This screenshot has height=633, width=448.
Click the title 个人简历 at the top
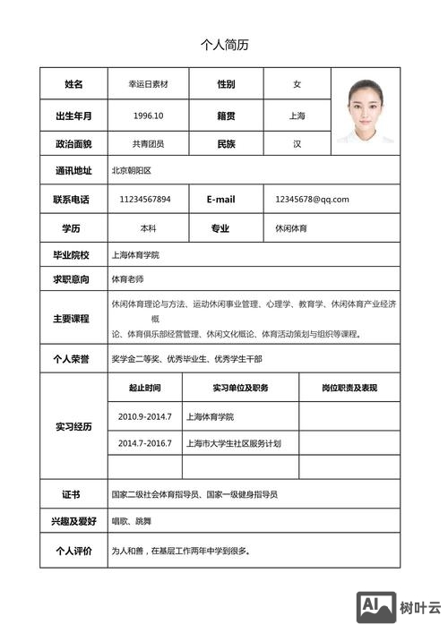(x=224, y=45)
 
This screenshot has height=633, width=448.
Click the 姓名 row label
(x=73, y=84)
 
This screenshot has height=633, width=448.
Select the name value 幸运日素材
(x=149, y=84)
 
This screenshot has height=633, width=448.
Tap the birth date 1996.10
(x=148, y=115)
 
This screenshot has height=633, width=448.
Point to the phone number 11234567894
(x=145, y=199)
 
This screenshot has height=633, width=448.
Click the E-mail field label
(x=220, y=199)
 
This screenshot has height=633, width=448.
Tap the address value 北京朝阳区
(x=132, y=170)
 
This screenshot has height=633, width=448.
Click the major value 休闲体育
(x=291, y=228)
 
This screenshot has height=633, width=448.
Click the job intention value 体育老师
(x=127, y=279)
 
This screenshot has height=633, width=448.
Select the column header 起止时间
(x=144, y=388)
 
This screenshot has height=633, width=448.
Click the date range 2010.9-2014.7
(x=144, y=416)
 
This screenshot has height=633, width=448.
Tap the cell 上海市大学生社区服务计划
(x=234, y=443)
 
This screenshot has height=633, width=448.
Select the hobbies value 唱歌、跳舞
(x=131, y=521)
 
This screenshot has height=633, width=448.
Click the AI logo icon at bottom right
(x=376, y=606)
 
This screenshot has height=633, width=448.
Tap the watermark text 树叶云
(x=421, y=608)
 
